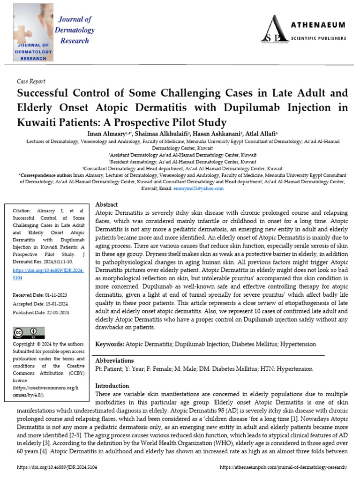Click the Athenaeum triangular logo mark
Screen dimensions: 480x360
pos(273,29)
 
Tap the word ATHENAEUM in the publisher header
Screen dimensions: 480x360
pos(319,25)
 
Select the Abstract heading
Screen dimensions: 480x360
pos(106,204)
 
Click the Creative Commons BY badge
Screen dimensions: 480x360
pos(29,333)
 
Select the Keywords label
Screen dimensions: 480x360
pos(110,345)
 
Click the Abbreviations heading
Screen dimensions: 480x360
pos(114,361)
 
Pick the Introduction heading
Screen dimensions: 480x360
pos(112,386)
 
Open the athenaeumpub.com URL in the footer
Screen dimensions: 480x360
pos(283,468)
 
